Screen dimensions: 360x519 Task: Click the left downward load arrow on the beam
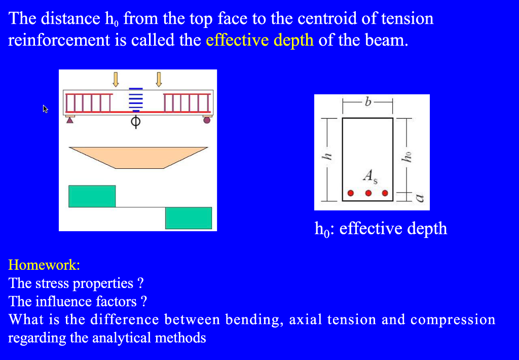coord(116,79)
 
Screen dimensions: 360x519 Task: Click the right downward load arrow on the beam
coord(159,79)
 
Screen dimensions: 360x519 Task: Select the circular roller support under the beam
coord(206,120)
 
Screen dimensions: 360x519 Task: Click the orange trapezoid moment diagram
coord(138,157)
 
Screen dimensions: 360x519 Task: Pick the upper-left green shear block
coord(92,196)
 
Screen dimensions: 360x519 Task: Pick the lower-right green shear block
coord(188,218)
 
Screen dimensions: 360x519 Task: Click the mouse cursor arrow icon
coord(45,109)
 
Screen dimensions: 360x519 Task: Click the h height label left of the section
coord(327,158)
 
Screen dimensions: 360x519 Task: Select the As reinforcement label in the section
coord(370,176)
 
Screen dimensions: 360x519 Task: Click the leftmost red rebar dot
coord(351,193)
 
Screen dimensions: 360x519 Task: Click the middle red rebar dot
coord(368,193)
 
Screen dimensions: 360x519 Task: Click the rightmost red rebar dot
coord(385,193)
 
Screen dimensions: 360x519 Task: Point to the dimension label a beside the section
coord(419,198)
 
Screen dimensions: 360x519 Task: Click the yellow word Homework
coord(44,265)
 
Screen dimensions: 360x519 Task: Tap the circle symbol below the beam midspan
coord(135,122)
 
